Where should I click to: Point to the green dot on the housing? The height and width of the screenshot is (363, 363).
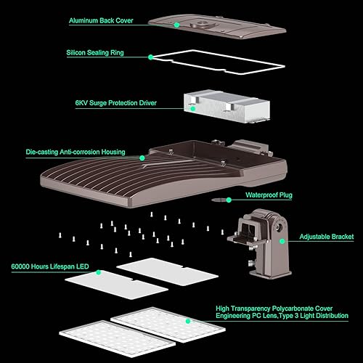[143, 156]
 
